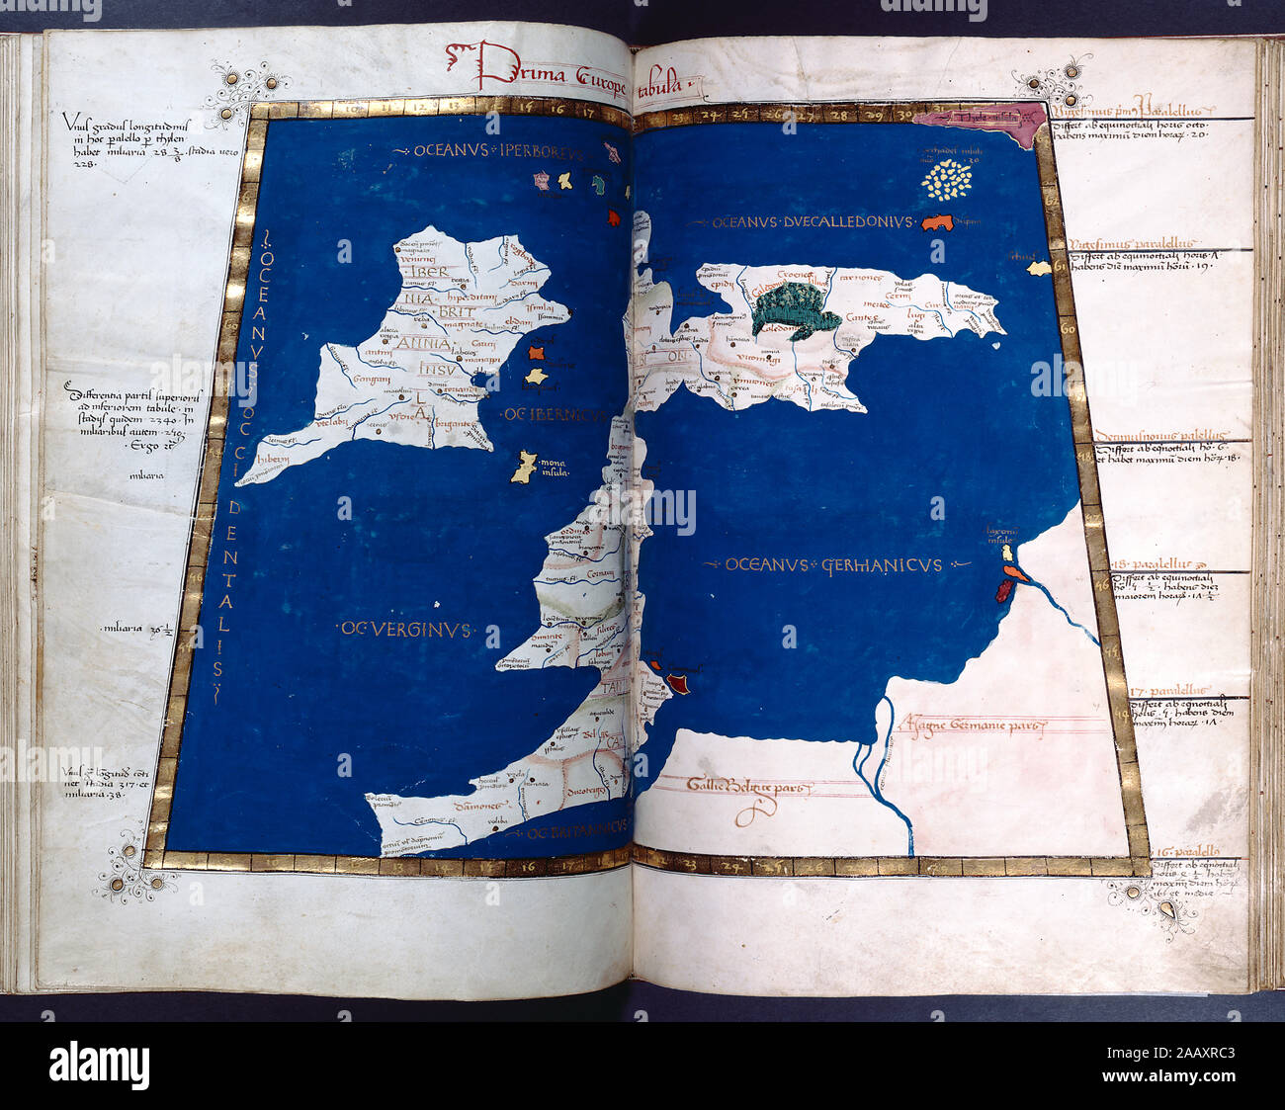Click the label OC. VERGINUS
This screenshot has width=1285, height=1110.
405,629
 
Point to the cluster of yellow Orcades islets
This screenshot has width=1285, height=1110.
948,180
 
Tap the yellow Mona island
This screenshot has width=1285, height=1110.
525,467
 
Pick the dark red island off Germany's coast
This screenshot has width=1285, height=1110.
1004,591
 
